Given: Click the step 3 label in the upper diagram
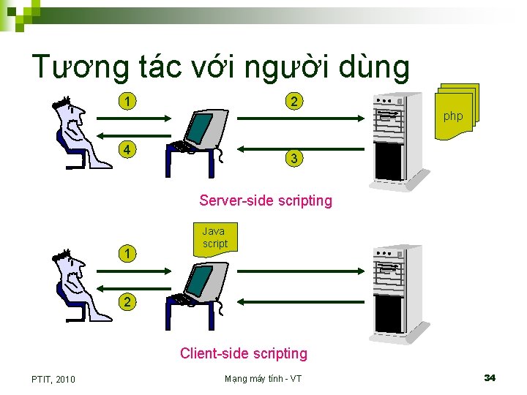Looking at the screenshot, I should [294, 158].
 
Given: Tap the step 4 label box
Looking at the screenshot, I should [128, 151].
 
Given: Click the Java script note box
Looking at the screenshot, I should [214, 237].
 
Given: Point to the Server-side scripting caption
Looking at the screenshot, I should [265, 200].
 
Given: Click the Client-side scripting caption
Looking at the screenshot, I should [244, 353].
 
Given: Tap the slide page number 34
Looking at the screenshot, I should [490, 377].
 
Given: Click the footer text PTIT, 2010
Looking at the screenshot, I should [53, 378].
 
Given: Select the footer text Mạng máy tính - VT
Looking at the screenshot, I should [263, 378].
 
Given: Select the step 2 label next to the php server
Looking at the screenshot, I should [294, 101].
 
